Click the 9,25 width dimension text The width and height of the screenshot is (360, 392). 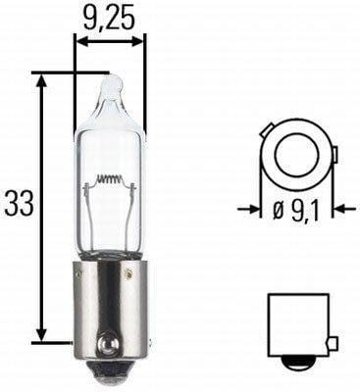point(110,17)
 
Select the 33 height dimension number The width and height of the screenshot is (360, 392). point(20,203)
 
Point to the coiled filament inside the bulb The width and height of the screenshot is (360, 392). point(111,181)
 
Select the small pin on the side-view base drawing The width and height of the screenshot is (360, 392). point(333,342)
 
